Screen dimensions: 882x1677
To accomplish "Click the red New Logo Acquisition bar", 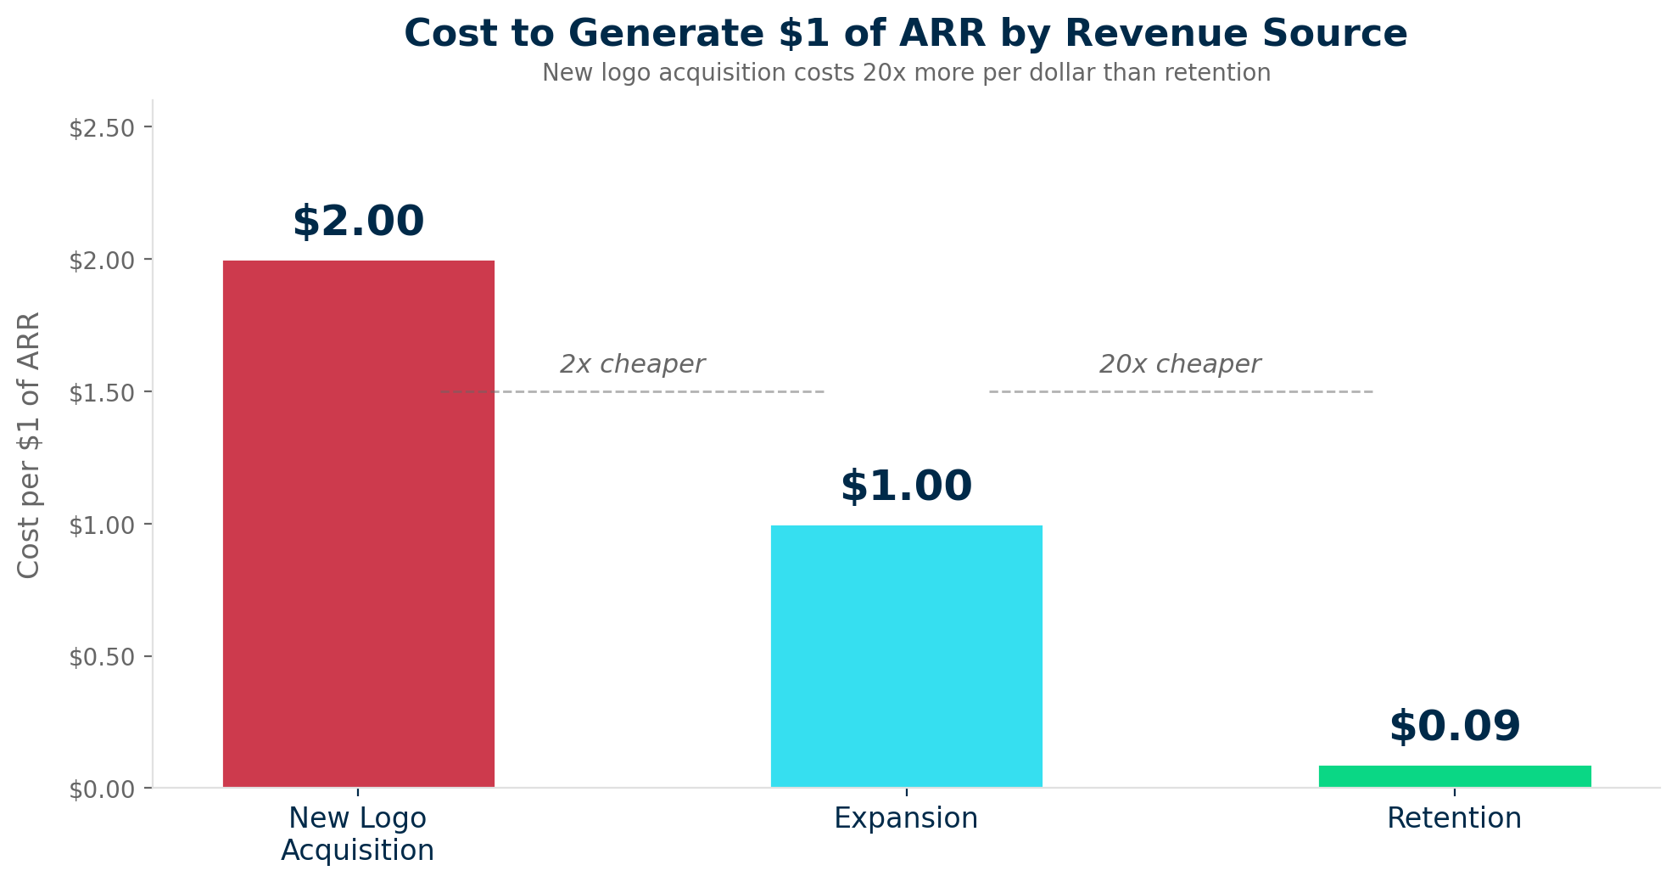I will point(358,524).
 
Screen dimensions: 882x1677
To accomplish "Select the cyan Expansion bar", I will point(906,656).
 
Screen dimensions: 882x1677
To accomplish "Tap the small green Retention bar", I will point(1454,776).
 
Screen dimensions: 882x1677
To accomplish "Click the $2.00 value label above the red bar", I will point(358,222).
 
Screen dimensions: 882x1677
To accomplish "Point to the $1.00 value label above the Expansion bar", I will point(906,486).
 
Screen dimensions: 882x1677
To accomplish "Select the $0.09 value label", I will point(1454,727).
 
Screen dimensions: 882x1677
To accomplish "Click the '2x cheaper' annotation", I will point(632,364).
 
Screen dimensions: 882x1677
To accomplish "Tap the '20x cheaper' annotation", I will point(1179,364).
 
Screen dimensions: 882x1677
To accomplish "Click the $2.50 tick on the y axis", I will point(102,128).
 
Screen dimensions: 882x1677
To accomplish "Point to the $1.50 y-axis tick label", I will point(102,393).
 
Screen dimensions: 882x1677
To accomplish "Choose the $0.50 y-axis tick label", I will point(102,658).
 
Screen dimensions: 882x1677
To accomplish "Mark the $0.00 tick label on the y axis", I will point(102,790).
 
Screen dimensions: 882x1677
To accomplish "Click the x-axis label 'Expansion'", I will point(906,818).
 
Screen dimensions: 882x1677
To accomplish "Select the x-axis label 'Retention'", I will point(1454,818).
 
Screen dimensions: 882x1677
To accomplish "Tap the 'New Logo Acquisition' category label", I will point(358,834).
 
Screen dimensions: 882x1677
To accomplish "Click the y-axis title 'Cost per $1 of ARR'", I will point(29,445).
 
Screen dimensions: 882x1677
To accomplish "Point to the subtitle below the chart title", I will point(906,73).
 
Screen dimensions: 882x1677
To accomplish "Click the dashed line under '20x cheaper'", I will point(1181,391).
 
